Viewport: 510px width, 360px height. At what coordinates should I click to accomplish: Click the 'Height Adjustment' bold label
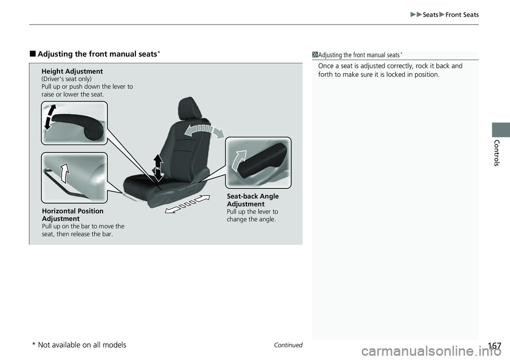pos(72,71)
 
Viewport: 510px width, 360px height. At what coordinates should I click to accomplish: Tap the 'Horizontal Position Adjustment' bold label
pos(72,215)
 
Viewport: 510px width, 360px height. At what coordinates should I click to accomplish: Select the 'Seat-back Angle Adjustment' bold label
pos(252,200)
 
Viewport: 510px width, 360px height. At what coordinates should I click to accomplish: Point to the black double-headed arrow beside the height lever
pos(49,116)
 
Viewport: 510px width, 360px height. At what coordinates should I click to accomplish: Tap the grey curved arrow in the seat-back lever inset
pos(240,161)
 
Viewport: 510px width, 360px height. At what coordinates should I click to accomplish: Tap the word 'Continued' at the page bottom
pos(288,345)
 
